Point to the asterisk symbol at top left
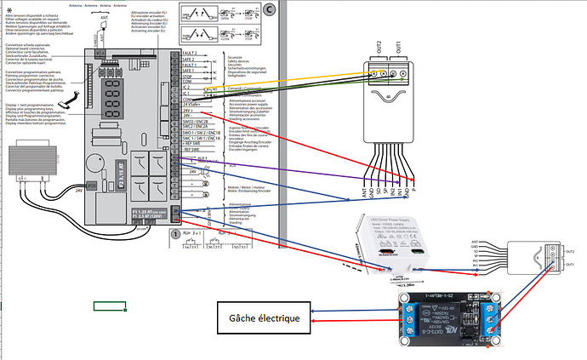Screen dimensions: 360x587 coord(9,7)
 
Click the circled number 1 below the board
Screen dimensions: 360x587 coord(175,231)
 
